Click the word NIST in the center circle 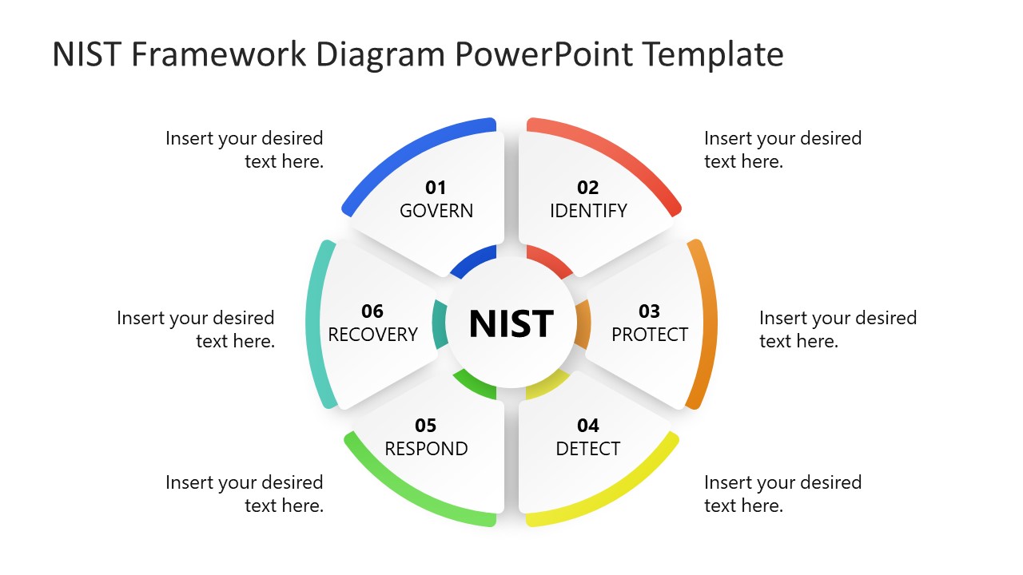pos(511,323)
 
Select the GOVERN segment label pos(436,211)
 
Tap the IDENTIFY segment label pos(588,211)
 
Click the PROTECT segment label pos(650,334)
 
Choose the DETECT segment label pos(588,449)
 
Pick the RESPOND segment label pos(426,449)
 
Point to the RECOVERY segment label pos(373,334)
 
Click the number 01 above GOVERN pos(436,188)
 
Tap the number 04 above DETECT pos(588,426)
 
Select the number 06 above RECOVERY pos(372,311)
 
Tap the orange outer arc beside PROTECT pos(708,323)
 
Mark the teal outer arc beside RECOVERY pos(314,323)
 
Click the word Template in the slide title pos(713,54)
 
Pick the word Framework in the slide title pos(220,54)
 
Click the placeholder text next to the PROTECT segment pos(838,329)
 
